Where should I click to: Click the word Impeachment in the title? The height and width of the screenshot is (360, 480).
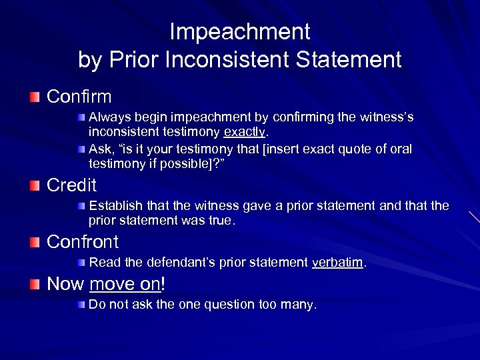coord(240,32)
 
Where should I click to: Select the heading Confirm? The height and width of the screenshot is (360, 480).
coord(79,97)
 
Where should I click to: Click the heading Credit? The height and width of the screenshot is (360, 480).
coord(71,185)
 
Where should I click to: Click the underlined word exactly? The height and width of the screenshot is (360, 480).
coord(244,131)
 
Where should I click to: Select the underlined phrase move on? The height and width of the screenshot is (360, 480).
coord(125,284)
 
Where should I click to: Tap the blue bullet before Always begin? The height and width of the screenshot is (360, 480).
coord(81,117)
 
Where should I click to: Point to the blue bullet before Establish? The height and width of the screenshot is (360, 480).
coord(81,205)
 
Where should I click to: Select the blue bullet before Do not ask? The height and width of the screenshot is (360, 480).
coord(81,305)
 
